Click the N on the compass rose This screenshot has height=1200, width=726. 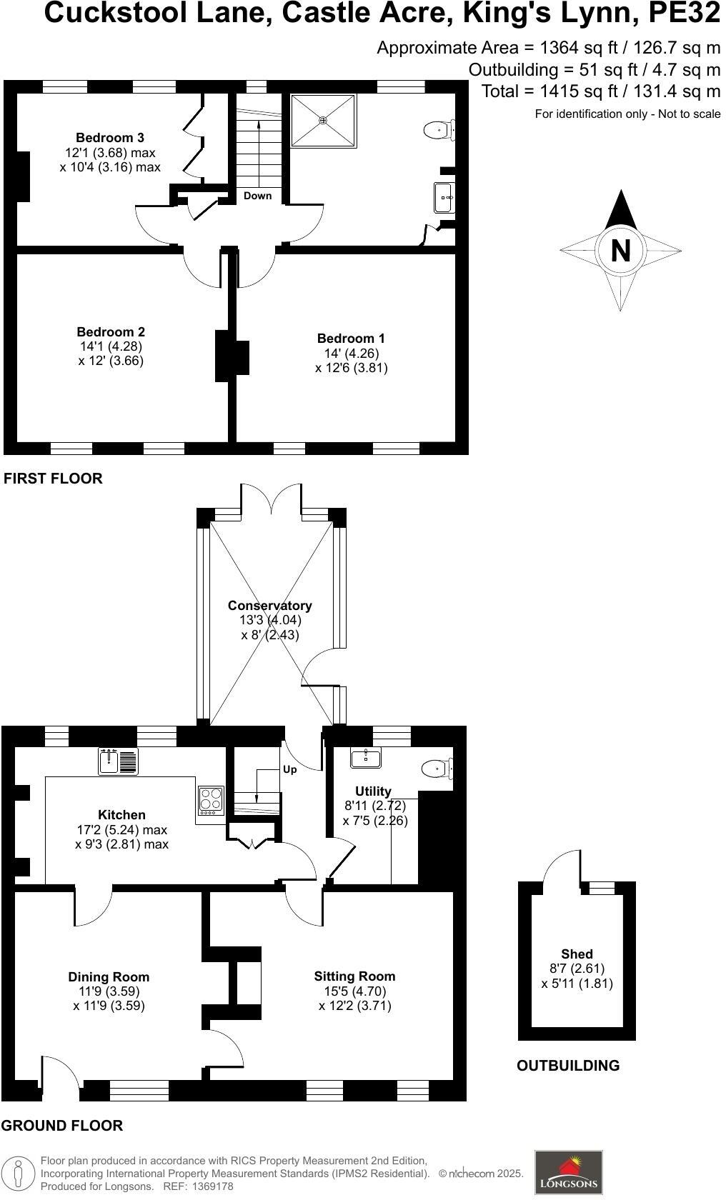(x=620, y=251)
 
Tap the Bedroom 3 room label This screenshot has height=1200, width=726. (x=110, y=138)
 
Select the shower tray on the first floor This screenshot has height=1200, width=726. (x=323, y=121)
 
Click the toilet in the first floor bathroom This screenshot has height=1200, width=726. (x=438, y=130)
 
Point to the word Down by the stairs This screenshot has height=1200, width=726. (x=257, y=196)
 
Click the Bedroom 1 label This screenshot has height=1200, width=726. (x=351, y=339)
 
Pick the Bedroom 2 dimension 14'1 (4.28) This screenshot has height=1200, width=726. (x=111, y=346)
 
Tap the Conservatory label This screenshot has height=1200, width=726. (x=270, y=606)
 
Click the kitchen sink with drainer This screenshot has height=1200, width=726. (x=118, y=761)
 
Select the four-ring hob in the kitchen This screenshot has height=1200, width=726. (x=212, y=801)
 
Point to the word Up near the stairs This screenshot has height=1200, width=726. (x=290, y=770)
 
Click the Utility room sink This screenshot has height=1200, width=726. (x=365, y=757)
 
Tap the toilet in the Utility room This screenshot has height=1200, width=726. (x=437, y=769)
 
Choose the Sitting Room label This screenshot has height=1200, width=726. (x=354, y=976)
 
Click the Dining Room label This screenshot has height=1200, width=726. (x=109, y=977)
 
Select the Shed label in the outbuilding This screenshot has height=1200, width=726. (x=577, y=954)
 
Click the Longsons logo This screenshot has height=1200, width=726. (x=568, y=1172)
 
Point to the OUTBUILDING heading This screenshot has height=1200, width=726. (x=568, y=1066)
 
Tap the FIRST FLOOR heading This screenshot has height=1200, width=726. (x=53, y=479)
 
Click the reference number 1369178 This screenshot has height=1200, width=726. (x=209, y=1186)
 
